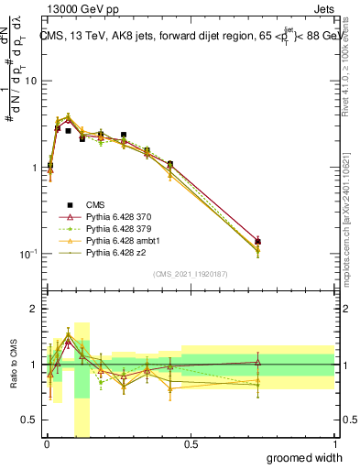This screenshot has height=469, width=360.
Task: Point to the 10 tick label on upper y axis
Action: (30, 81)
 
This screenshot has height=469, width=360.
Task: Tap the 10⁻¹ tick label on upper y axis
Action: (27, 254)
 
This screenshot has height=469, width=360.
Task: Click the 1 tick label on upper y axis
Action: (34, 168)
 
